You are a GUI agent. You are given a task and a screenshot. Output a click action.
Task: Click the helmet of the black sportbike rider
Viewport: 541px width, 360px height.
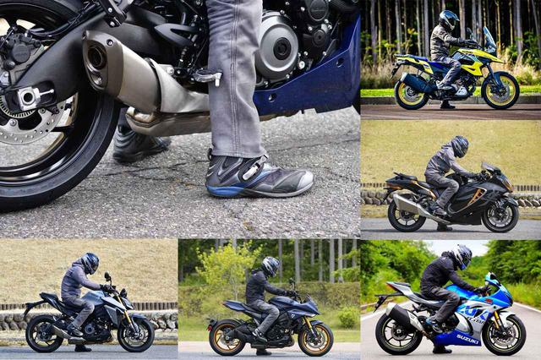[459, 145]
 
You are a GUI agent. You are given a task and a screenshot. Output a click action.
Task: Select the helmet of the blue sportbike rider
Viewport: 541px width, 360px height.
[461, 256]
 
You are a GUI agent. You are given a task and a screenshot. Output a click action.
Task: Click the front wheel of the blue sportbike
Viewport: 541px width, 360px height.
[505, 335]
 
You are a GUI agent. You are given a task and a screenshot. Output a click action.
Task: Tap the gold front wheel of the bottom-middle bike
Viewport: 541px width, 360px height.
[316, 337]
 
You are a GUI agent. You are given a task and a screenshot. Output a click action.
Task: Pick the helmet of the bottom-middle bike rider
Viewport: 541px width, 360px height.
[270, 266]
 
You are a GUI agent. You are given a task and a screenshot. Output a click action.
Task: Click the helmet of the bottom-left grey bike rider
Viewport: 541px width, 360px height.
[89, 262]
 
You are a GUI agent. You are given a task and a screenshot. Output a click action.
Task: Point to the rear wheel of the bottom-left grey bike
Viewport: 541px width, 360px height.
[44, 334]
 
